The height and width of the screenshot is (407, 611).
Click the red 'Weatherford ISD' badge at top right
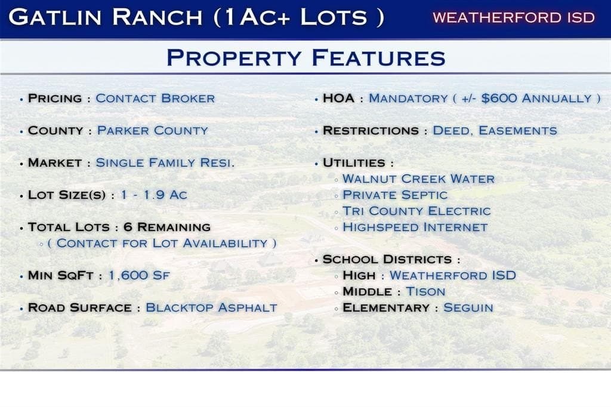[514, 17]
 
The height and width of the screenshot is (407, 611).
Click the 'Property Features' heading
[305, 58]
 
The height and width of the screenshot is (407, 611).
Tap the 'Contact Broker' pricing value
[155, 98]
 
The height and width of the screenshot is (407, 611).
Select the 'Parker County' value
[152, 131]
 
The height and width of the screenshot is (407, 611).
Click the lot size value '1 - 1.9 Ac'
[154, 195]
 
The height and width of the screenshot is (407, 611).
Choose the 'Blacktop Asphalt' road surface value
[211, 308]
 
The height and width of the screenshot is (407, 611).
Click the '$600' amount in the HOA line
[499, 98]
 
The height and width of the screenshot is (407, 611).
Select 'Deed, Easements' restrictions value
[495, 131]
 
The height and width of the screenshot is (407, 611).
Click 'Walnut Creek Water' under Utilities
[418, 178]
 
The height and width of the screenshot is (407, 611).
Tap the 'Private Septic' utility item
[394, 195]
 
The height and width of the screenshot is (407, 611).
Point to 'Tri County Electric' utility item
[416, 211]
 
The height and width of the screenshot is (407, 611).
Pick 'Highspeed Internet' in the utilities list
[415, 227]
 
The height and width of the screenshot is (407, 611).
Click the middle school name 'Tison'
[425, 292]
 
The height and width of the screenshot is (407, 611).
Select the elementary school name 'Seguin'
[468, 308]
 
